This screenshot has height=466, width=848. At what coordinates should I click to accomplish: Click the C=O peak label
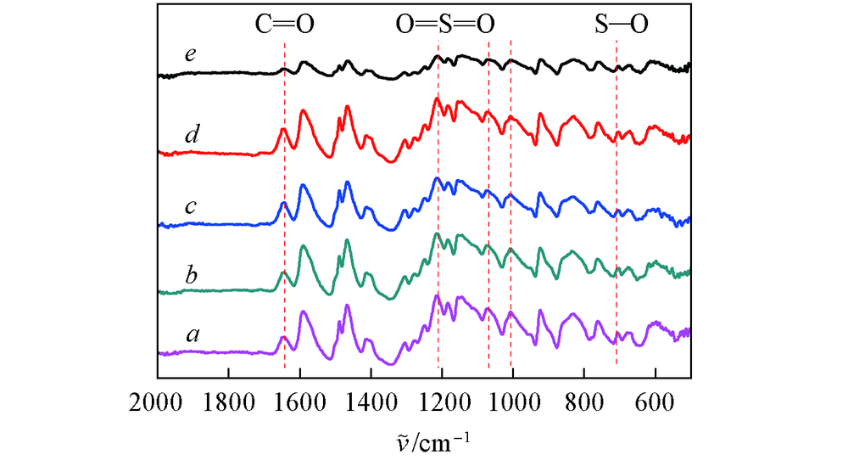click(285, 25)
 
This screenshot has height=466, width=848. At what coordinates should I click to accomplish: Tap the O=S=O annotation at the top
click(444, 25)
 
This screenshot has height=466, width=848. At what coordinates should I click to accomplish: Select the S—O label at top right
click(621, 25)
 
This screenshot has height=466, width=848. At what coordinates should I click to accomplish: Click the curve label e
click(191, 55)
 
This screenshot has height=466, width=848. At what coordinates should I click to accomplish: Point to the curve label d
click(192, 134)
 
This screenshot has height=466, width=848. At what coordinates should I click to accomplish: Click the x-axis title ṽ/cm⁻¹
click(424, 440)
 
